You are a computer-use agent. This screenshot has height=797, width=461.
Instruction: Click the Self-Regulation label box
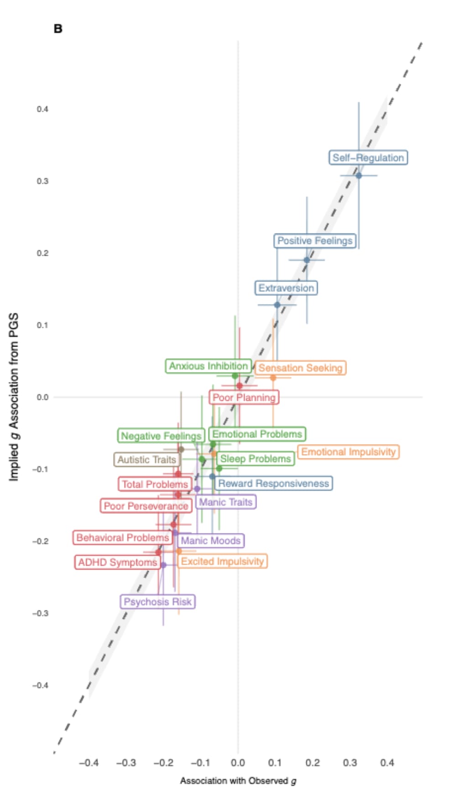click(368, 158)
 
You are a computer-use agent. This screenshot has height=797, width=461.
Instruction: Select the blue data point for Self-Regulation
click(359, 176)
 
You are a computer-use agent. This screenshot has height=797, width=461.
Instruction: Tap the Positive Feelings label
click(315, 241)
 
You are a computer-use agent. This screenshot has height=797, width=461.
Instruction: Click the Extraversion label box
click(286, 288)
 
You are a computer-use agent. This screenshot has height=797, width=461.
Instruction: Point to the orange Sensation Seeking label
click(300, 368)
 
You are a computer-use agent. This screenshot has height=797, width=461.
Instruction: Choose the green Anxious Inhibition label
click(208, 366)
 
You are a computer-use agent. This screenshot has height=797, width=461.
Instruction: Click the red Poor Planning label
click(244, 398)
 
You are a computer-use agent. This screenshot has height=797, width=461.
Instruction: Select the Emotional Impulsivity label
click(348, 452)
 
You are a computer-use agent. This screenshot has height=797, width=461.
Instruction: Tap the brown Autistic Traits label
click(147, 460)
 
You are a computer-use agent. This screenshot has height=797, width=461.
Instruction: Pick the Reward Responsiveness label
click(273, 483)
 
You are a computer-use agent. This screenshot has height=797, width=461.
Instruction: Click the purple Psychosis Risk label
click(157, 602)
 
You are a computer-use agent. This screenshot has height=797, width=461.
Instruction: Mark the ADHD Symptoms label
click(117, 563)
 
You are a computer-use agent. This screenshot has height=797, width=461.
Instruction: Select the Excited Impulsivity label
click(222, 561)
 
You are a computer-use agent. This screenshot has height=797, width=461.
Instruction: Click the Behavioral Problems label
click(122, 538)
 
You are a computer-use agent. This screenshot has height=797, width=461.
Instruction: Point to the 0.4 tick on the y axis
click(42, 109)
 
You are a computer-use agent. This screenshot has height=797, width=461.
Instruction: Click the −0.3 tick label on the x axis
click(126, 763)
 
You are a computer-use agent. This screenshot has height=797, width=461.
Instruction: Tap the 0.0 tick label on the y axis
click(42, 398)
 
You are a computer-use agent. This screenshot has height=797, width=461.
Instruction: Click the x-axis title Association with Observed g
click(238, 781)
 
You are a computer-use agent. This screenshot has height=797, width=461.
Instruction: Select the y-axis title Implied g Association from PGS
click(14, 397)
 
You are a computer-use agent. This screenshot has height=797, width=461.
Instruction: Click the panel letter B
click(58, 29)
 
